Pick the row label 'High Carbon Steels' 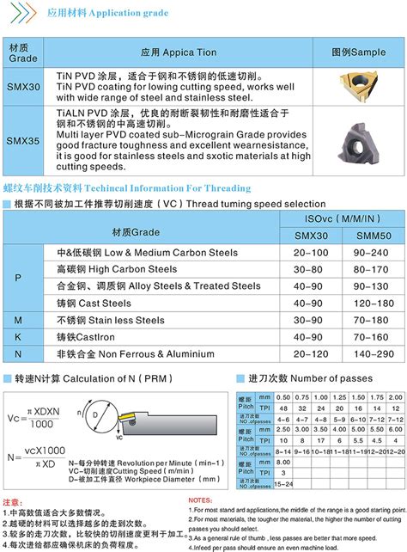(x=128, y=269)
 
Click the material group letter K (x=18, y=336)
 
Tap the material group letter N (x=18, y=353)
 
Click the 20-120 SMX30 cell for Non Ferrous (x=310, y=353)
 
